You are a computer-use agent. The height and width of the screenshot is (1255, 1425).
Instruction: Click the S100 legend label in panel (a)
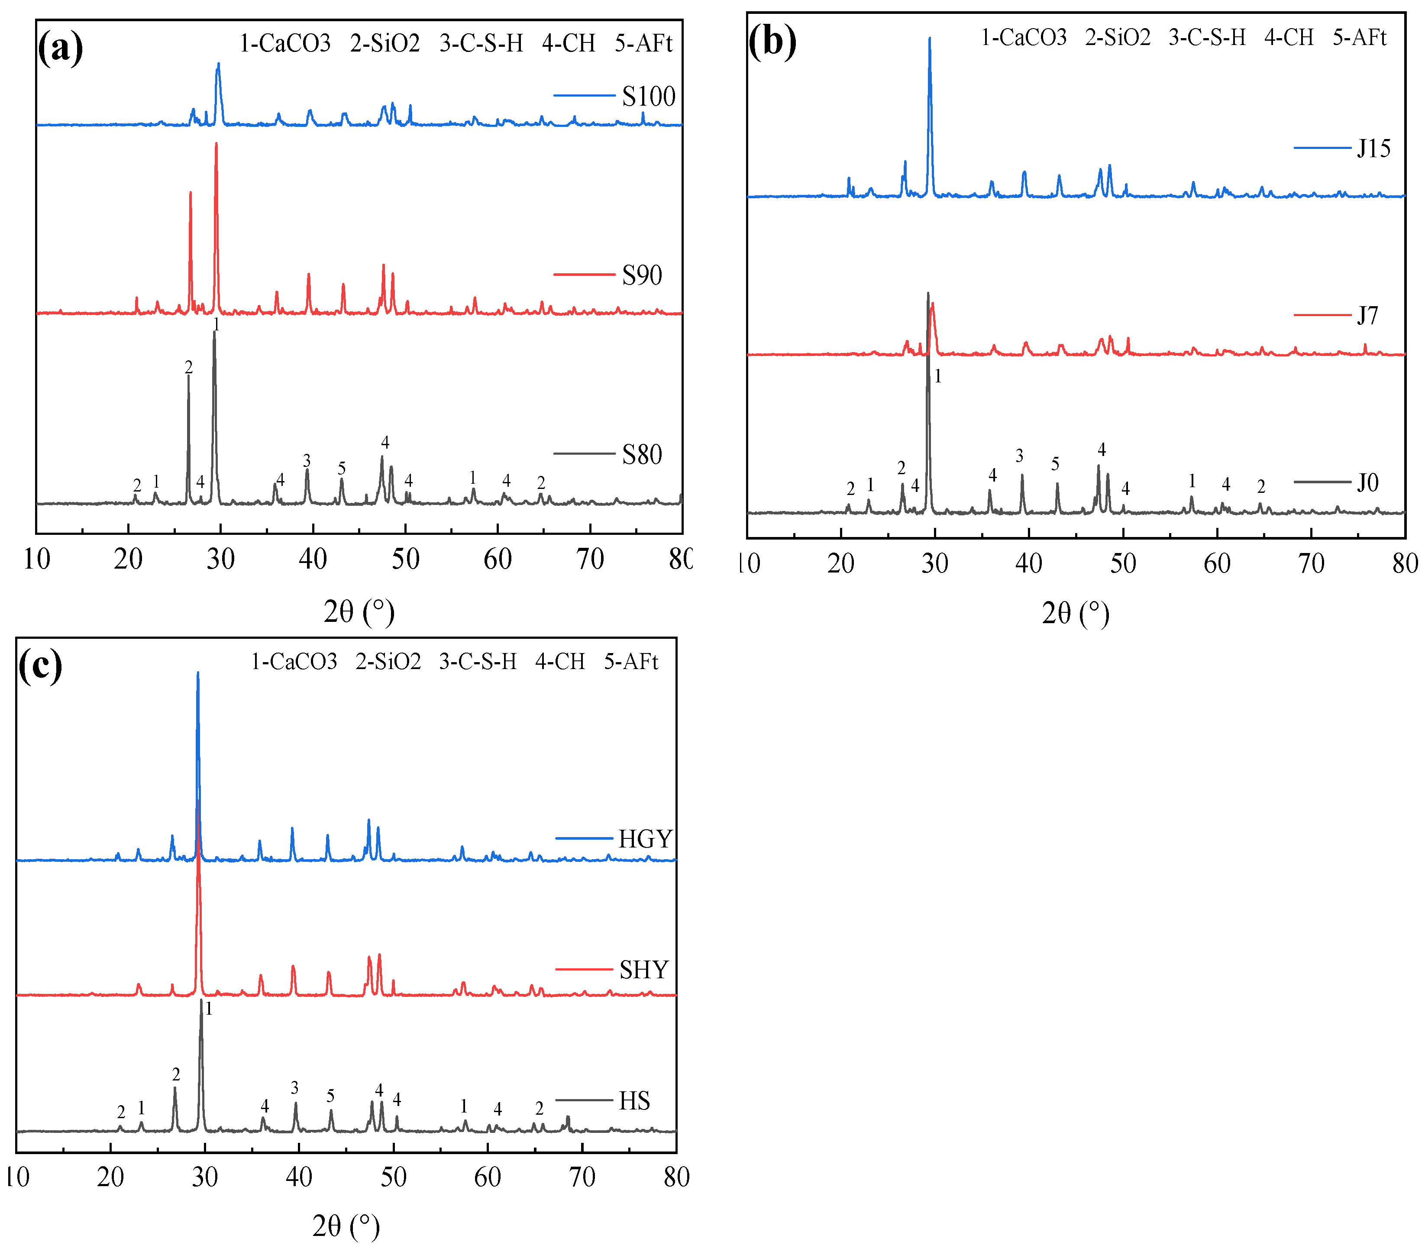coord(648,96)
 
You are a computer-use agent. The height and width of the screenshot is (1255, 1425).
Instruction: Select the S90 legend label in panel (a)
coord(641,275)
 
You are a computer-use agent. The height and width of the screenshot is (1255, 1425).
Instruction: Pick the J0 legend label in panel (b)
coord(1367,482)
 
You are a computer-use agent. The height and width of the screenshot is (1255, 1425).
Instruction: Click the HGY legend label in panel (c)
coord(645,839)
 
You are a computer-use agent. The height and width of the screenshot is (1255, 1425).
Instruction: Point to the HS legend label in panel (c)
coord(634,1101)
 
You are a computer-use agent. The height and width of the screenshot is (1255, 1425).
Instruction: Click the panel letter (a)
coord(61,47)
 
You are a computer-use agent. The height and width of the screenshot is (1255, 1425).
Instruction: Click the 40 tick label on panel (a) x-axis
coord(313,559)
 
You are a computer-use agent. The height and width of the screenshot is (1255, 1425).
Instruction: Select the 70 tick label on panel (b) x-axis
coord(1311,563)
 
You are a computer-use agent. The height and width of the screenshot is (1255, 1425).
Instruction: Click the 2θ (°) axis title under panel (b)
coord(1075,614)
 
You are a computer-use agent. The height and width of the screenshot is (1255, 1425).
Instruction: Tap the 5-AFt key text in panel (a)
coord(643,43)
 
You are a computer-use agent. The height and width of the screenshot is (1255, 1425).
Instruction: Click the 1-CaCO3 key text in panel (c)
coord(294,661)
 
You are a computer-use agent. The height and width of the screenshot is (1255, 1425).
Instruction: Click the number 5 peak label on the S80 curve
coord(342,468)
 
